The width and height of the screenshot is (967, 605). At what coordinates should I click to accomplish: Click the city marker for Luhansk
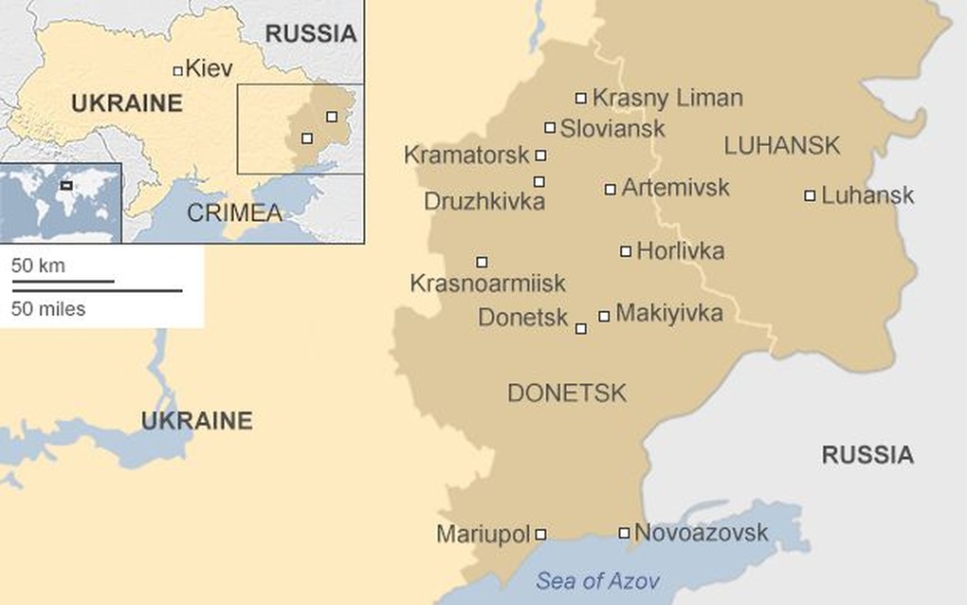pyautogui.click(x=810, y=196)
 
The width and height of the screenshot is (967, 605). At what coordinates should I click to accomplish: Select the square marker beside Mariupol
pyautogui.click(x=540, y=535)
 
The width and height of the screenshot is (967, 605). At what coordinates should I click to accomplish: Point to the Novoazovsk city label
pyautogui.click(x=701, y=533)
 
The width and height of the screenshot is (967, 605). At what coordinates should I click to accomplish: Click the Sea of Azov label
pyautogui.click(x=597, y=580)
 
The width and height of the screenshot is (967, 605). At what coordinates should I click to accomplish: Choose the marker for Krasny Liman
pyautogui.click(x=581, y=98)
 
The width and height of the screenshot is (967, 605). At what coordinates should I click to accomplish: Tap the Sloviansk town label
pyautogui.click(x=612, y=128)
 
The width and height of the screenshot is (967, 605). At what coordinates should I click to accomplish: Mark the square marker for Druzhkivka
pyautogui.click(x=539, y=181)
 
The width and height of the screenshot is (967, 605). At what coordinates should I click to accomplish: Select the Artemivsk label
pyautogui.click(x=675, y=188)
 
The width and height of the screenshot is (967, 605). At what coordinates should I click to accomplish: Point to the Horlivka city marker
pyautogui.click(x=626, y=251)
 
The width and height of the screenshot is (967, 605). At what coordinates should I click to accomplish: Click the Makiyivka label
pyautogui.click(x=668, y=313)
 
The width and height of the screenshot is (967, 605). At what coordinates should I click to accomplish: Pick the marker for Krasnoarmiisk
pyautogui.click(x=482, y=262)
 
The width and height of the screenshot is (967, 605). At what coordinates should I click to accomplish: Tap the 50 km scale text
pyautogui.click(x=38, y=266)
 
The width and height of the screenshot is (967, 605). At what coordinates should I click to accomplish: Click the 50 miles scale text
pyautogui.click(x=48, y=308)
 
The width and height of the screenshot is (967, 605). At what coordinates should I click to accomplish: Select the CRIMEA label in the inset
pyautogui.click(x=234, y=213)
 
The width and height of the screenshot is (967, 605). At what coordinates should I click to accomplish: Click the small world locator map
pyautogui.click(x=61, y=202)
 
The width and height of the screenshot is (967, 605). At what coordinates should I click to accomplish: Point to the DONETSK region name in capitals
pyautogui.click(x=567, y=393)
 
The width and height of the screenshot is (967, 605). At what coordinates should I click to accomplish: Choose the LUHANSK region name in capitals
pyautogui.click(x=782, y=145)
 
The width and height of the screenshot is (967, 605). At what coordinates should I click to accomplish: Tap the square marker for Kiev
pyautogui.click(x=177, y=70)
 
